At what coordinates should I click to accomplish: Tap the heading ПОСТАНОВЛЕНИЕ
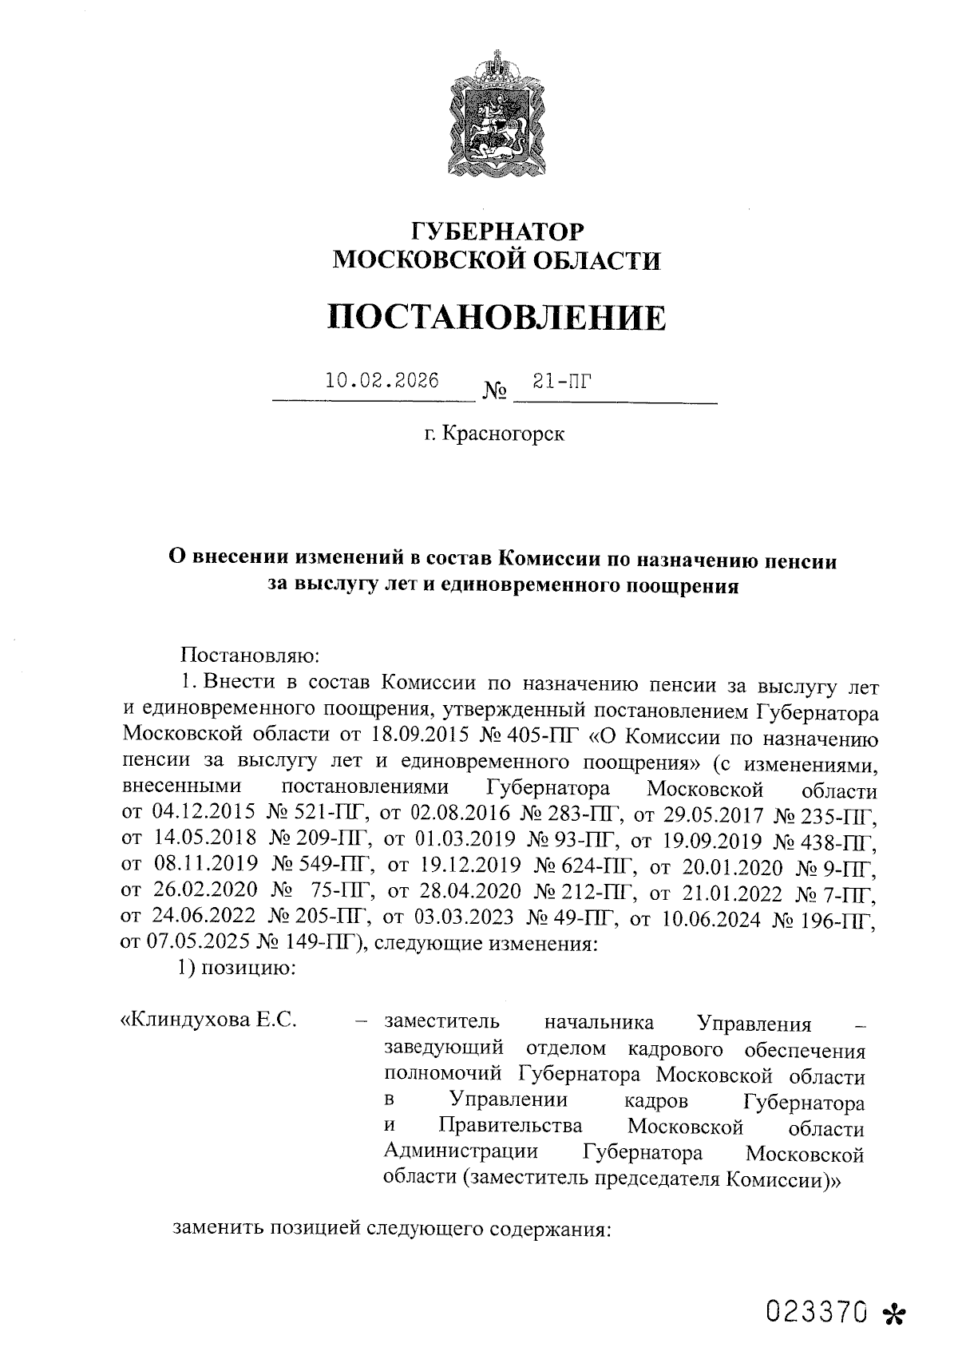pos(496,317)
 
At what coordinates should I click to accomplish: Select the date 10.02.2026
pos(382,381)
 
